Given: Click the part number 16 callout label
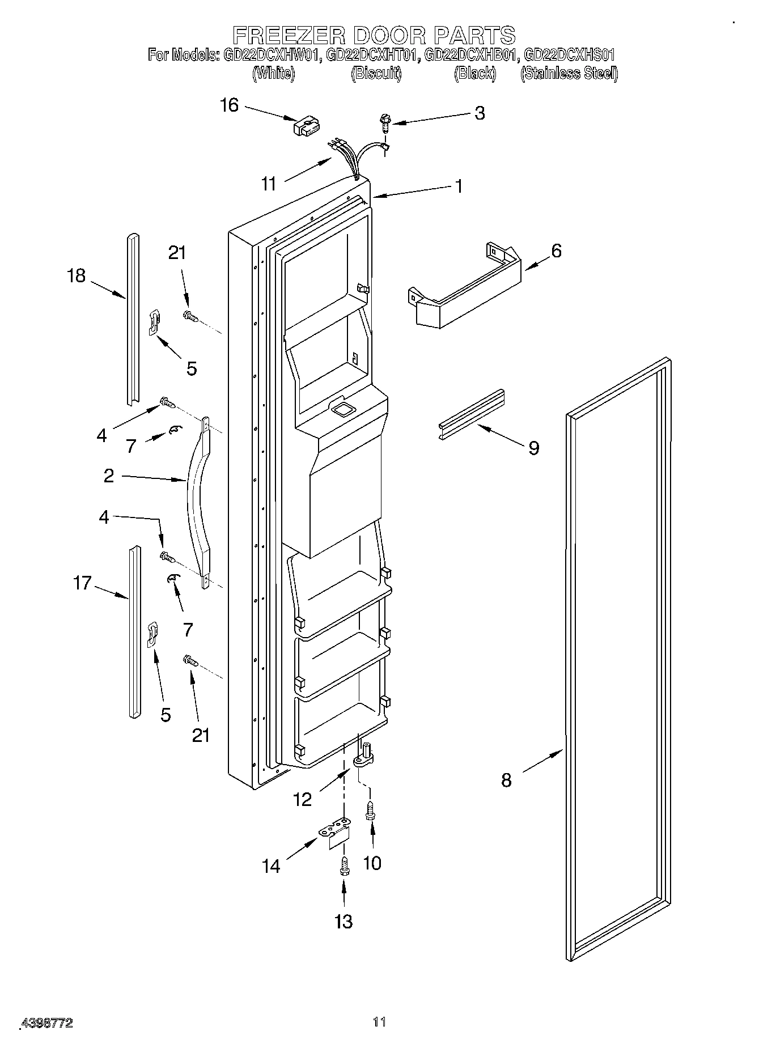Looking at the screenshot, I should [x=230, y=105].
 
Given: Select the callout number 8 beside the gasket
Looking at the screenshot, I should [x=506, y=780].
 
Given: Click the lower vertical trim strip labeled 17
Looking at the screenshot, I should [x=134, y=632].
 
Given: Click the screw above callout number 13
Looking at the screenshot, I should [x=343, y=868].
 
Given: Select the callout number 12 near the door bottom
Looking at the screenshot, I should [x=303, y=799].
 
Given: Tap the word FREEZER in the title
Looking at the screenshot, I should [x=289, y=35].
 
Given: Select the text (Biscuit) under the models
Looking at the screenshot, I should [x=376, y=73].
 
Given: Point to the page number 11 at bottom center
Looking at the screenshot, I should [x=379, y=1021].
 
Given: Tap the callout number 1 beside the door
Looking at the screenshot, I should [x=458, y=186].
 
